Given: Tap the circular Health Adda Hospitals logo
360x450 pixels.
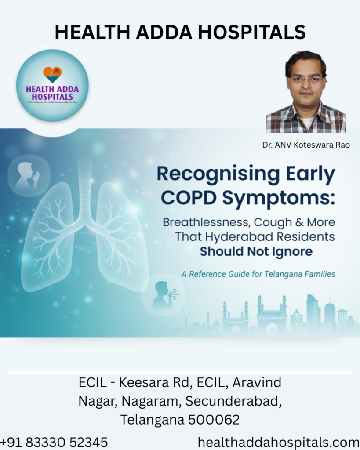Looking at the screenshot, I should click(x=52, y=85).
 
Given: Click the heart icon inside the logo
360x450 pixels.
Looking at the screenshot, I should click(x=52, y=74).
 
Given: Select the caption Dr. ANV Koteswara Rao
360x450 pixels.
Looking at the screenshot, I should click(x=306, y=145).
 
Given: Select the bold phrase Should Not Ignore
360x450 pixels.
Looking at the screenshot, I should click(x=256, y=252).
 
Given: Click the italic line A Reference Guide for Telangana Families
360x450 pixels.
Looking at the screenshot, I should click(x=258, y=274).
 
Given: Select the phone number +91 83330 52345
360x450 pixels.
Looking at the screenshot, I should click(x=54, y=442).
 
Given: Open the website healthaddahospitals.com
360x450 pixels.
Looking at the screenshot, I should click(x=278, y=442).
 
